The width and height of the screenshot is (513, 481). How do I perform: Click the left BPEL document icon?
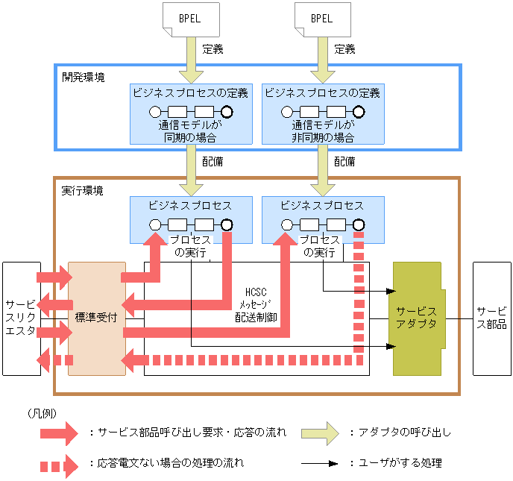coord(191,19)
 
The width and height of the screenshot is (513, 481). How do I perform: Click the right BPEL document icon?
coord(323,19)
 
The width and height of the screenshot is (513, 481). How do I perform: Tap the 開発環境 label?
coord(84,78)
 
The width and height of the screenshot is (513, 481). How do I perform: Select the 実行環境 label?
coord(83,190)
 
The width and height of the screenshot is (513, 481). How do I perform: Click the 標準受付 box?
coord(97,318)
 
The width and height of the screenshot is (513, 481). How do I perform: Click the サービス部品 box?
coord(491,318)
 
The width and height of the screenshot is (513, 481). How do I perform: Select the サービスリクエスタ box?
coord(22,318)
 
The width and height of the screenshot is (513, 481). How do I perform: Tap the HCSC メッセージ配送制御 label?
coord(256,304)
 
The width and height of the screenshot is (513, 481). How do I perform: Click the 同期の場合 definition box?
coord(191,114)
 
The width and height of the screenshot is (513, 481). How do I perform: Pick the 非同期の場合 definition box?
coord(323,114)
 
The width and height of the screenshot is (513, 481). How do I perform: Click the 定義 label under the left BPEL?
coord(213,49)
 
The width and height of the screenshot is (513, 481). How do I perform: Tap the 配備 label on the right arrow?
coord(344,162)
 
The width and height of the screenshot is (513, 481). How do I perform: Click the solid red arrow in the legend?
coord(59,433)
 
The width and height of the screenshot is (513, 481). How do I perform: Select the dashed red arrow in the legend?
coord(59,466)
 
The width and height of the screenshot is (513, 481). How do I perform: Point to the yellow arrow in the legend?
coord(321,433)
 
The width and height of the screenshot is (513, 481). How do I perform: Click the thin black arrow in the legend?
coord(320,464)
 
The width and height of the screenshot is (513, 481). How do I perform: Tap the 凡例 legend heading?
coord(43,414)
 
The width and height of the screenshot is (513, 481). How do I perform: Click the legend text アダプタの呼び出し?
coord(405,433)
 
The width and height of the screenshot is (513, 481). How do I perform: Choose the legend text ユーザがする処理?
coord(400,463)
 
